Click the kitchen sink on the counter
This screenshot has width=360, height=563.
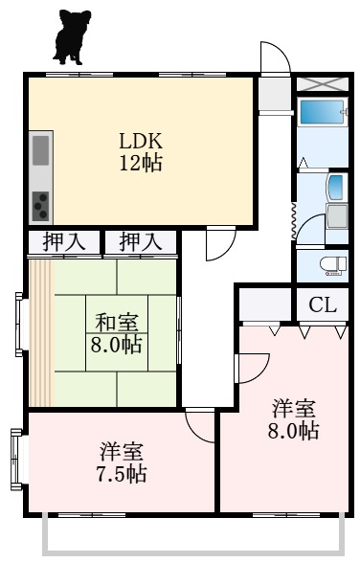click(40, 150)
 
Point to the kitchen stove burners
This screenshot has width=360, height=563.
click(41, 203)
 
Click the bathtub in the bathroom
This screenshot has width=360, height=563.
click(322, 112)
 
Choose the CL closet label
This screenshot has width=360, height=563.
click(322, 306)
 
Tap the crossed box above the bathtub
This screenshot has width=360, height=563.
click(322, 83)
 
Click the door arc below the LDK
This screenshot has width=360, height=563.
click(219, 241)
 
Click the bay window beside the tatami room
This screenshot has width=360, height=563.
click(21, 326)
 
